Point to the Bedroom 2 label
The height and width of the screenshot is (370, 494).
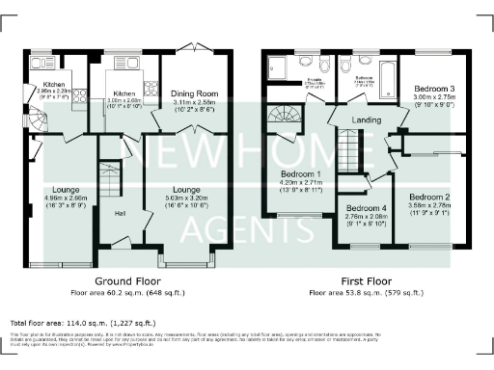429,197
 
